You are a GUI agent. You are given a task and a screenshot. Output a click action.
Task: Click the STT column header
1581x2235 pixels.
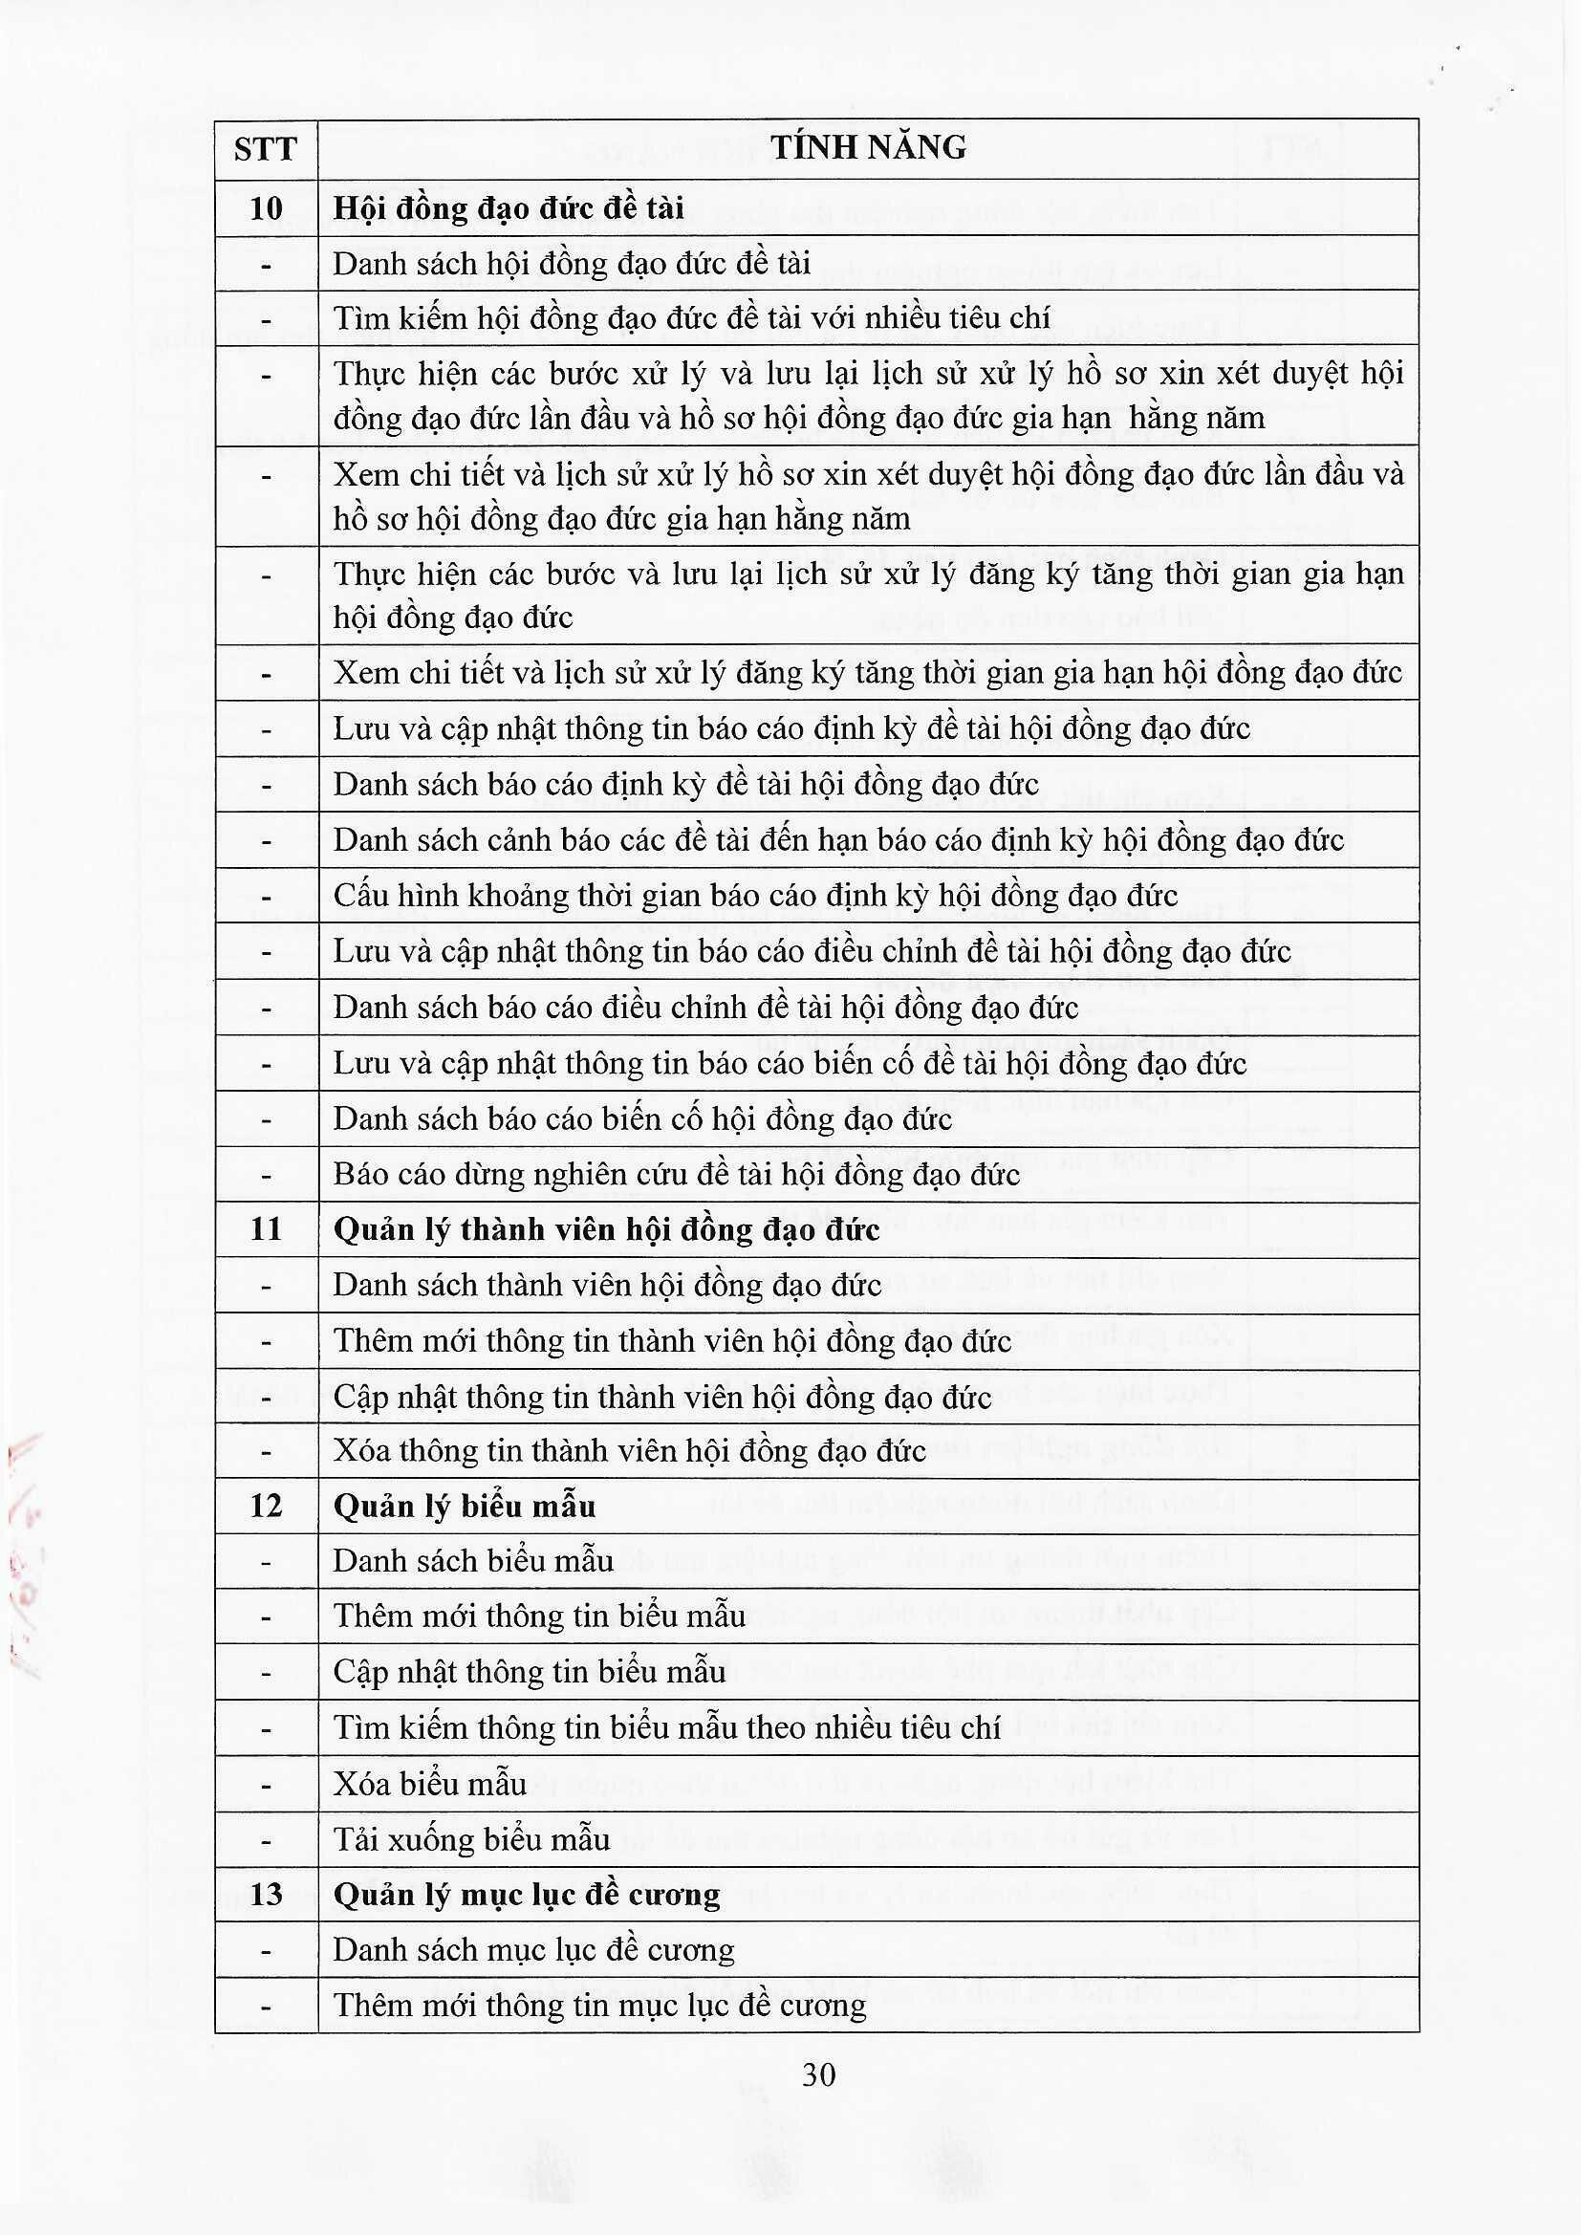point(265,150)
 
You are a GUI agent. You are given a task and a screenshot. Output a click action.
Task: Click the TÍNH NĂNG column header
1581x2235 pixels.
point(867,148)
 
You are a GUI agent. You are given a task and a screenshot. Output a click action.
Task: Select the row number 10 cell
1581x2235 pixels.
point(266,208)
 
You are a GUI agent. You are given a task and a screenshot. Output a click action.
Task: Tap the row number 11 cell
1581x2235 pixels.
point(266,1229)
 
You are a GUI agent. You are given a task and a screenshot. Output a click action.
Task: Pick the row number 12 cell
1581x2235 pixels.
point(266,1507)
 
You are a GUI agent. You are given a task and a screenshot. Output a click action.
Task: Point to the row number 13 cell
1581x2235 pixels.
point(266,1895)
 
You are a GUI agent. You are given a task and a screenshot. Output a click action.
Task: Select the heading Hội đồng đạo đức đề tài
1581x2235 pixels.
point(509,208)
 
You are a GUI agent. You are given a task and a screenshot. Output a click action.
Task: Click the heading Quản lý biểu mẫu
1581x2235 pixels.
point(465,1507)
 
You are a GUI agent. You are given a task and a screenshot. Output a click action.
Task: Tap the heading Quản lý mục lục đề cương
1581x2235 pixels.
point(527,1895)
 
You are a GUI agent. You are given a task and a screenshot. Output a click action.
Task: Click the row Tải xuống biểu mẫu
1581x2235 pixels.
point(471,1840)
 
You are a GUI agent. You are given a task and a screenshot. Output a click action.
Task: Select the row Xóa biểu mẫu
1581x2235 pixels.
point(429,1785)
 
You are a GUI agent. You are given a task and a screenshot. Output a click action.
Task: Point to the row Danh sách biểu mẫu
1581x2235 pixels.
point(473,1561)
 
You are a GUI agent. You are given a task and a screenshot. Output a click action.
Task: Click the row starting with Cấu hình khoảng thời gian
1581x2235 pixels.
point(755,896)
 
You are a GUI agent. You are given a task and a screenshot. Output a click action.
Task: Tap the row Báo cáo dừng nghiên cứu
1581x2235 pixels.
point(677,1175)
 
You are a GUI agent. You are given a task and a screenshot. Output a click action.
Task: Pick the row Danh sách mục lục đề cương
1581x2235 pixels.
point(533,1950)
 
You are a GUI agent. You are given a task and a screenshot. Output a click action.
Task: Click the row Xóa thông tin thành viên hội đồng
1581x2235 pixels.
point(629,1451)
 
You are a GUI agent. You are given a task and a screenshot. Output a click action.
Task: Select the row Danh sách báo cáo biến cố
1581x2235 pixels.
point(642,1119)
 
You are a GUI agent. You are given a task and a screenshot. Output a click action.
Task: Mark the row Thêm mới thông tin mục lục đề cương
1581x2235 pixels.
point(599,2006)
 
